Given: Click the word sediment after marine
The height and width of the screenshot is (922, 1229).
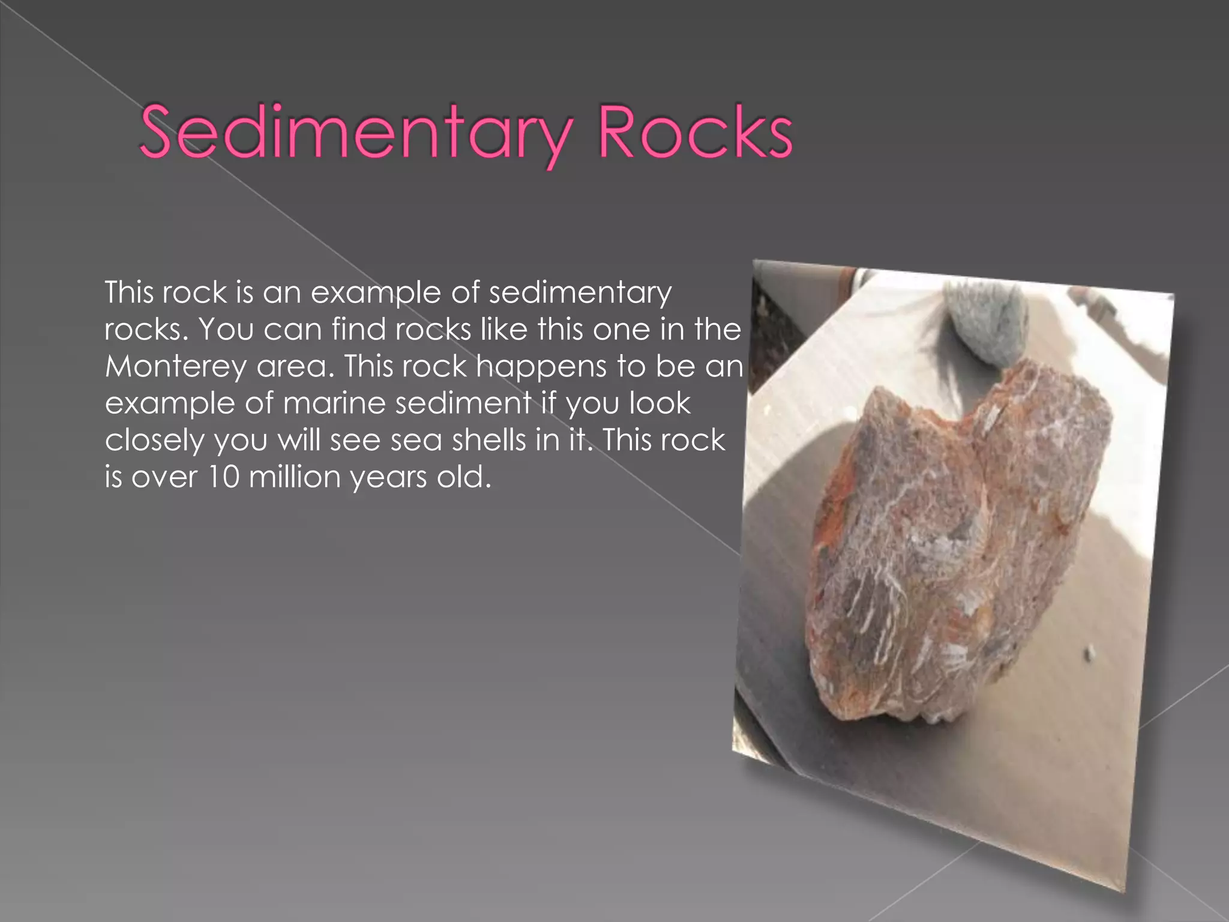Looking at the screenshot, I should (463, 403).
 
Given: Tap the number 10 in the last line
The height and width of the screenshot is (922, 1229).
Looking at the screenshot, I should (223, 477).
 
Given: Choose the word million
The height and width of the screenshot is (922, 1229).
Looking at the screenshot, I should (295, 477).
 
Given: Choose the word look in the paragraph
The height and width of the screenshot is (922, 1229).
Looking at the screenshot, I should (660, 403).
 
